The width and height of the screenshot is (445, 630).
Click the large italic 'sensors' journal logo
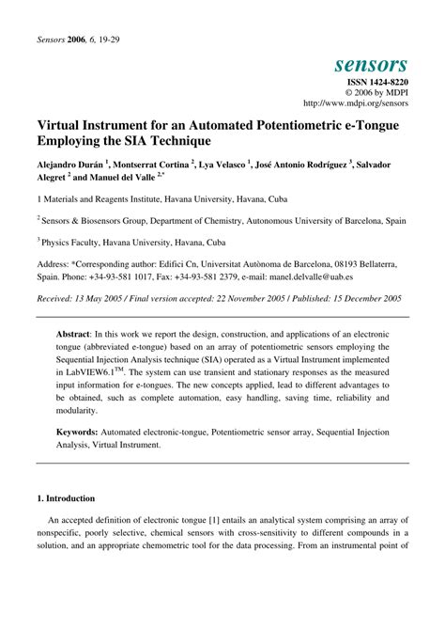370,64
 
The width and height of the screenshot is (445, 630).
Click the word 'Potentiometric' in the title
302,124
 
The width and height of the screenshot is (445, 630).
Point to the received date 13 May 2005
105,298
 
